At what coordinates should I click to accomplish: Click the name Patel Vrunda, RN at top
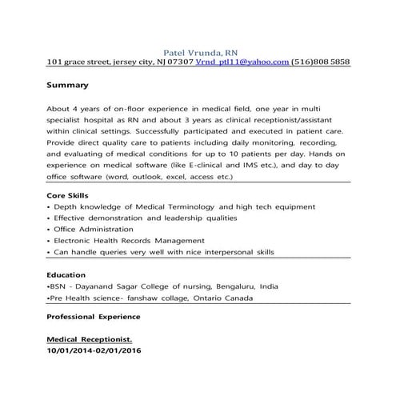pos(199,49)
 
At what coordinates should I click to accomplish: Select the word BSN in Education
pos(58,285)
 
